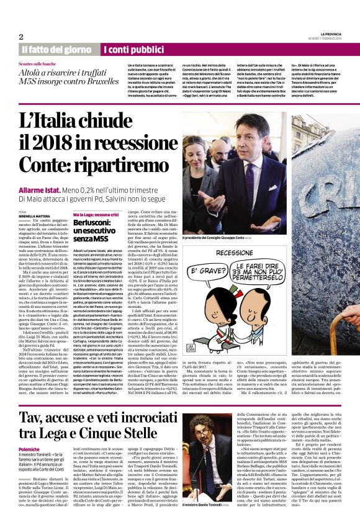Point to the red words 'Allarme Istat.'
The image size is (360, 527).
point(38,189)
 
